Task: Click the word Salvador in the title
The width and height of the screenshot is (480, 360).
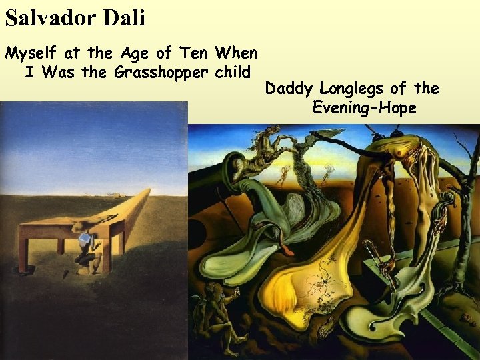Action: (x=51, y=18)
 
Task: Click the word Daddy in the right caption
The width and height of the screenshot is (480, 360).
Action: (x=289, y=89)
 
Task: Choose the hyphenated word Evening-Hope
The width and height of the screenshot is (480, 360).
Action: (x=364, y=107)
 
